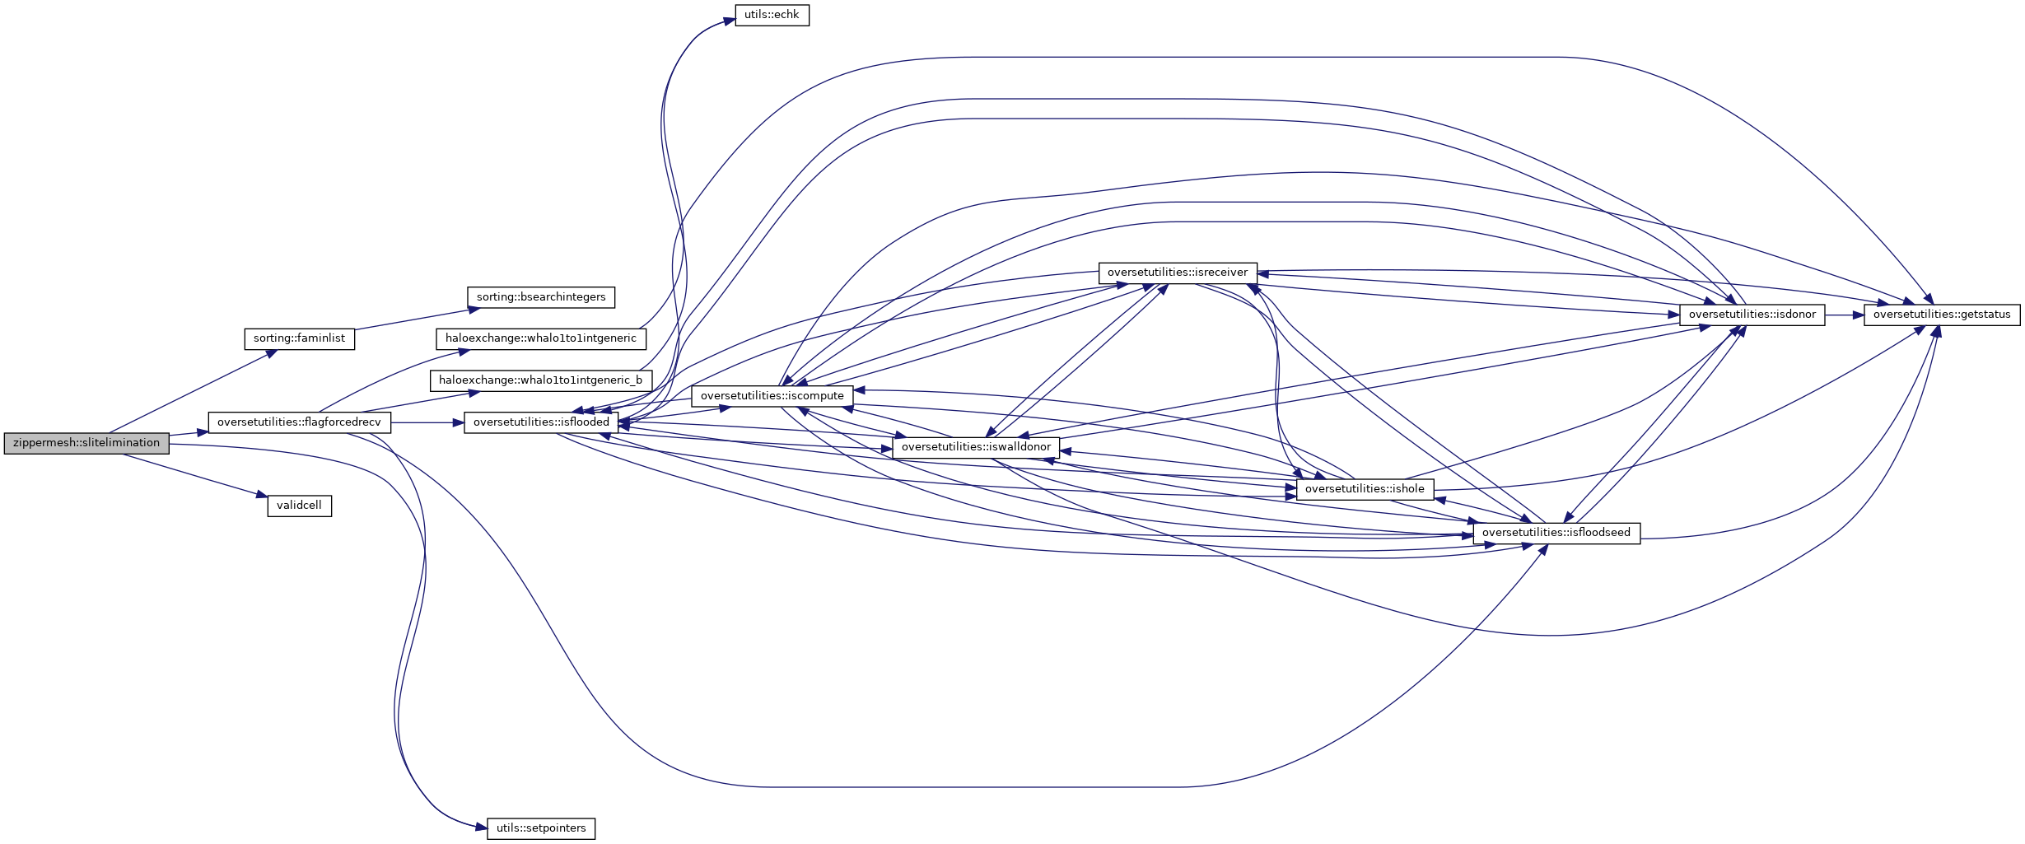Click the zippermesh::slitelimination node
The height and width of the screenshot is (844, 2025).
(86, 443)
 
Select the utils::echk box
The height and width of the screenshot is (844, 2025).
(772, 15)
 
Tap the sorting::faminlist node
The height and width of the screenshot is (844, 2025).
(299, 338)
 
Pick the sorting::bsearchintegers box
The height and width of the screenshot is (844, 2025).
(541, 297)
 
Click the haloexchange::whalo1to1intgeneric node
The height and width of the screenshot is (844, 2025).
(540, 338)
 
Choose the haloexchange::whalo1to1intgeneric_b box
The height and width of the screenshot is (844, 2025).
(540, 380)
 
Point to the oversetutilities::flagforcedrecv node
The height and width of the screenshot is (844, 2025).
(299, 422)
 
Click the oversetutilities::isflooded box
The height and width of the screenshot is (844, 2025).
(541, 422)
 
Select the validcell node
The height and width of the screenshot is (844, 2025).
(299, 506)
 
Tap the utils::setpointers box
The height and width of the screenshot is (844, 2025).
(541, 828)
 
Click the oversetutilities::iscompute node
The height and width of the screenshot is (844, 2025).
(772, 396)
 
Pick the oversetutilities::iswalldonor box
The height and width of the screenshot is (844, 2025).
(976, 447)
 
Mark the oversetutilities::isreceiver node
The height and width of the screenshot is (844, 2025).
(1178, 273)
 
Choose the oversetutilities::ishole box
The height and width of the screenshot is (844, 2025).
(1365, 489)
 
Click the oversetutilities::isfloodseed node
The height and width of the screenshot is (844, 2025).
(1556, 533)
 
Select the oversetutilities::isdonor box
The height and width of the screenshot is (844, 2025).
(1752, 315)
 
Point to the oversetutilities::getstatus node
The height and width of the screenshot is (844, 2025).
(1941, 315)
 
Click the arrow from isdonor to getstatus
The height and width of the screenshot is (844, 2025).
(1844, 315)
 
